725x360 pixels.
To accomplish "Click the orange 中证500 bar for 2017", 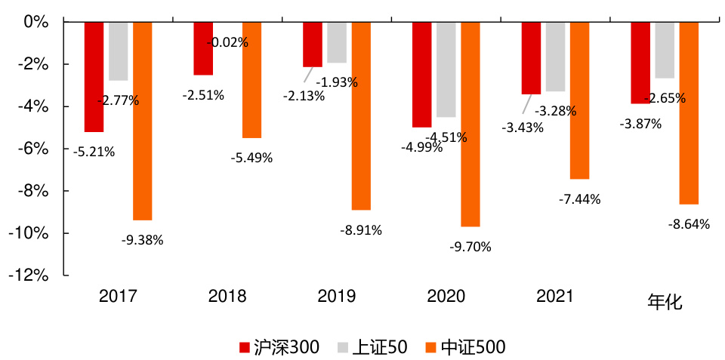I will [x=142, y=121].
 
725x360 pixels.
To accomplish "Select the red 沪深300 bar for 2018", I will [x=203, y=48].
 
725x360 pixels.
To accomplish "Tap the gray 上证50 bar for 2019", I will [x=337, y=42].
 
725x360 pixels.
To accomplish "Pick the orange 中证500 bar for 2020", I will [x=470, y=124].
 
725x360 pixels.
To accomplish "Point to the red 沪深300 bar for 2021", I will [x=531, y=58].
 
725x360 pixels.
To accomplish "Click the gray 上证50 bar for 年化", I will [x=665, y=50].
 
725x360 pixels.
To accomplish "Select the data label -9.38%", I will [x=142, y=241].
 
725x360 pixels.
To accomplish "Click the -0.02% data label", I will [x=227, y=43].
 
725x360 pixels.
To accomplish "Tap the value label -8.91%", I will [x=361, y=230].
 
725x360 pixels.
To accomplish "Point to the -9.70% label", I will [x=470, y=247].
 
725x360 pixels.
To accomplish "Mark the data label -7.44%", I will [x=580, y=199].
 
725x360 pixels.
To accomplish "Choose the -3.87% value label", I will [x=640, y=124].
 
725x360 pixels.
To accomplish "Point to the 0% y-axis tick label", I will [x=36, y=22].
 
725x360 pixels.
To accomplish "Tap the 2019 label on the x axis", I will [x=337, y=296].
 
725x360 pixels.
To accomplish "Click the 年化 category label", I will [x=665, y=302].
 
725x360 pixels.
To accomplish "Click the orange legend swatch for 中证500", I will [x=430, y=348].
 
